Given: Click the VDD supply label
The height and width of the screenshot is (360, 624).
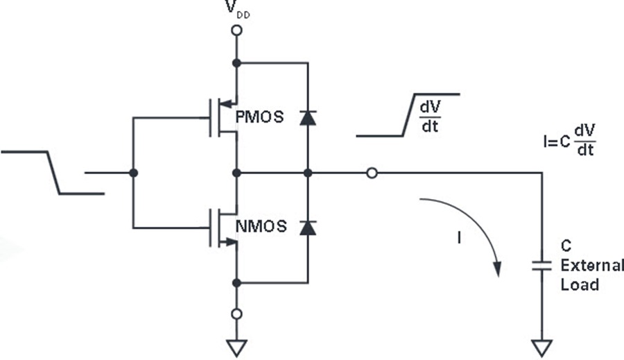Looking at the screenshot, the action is click(238, 9).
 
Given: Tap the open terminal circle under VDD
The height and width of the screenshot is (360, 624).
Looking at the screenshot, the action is click(237, 31).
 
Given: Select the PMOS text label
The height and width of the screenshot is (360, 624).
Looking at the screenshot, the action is click(259, 117).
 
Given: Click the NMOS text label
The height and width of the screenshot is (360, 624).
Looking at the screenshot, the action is click(261, 226).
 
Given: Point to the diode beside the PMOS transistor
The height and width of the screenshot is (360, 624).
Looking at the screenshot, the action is click(308, 118).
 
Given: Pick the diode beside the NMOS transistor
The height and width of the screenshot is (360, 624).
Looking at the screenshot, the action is click(308, 228).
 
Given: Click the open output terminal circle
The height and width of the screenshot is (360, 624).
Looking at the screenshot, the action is click(372, 173).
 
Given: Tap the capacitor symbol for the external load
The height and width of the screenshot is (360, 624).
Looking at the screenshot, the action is click(541, 266).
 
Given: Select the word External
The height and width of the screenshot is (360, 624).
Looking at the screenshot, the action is click(592, 265).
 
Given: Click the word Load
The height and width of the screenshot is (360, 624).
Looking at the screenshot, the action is click(580, 284).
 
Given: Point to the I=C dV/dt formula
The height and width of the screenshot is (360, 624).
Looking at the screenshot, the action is click(569, 140).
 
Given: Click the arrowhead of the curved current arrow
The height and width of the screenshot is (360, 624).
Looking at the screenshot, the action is click(497, 269).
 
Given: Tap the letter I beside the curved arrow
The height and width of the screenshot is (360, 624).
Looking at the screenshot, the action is click(460, 238).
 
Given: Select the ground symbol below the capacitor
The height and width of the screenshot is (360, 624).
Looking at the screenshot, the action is click(541, 348).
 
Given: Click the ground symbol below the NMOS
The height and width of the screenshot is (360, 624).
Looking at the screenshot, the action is click(237, 348).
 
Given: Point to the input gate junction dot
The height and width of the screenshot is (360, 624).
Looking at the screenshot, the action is click(134, 173).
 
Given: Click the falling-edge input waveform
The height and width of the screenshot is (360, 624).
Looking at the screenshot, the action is click(53, 173).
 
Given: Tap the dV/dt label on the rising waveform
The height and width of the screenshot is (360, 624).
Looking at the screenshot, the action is click(430, 117).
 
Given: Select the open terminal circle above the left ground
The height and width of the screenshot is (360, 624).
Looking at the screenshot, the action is click(237, 314).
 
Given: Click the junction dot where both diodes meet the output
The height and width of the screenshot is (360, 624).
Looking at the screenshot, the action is click(308, 173).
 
